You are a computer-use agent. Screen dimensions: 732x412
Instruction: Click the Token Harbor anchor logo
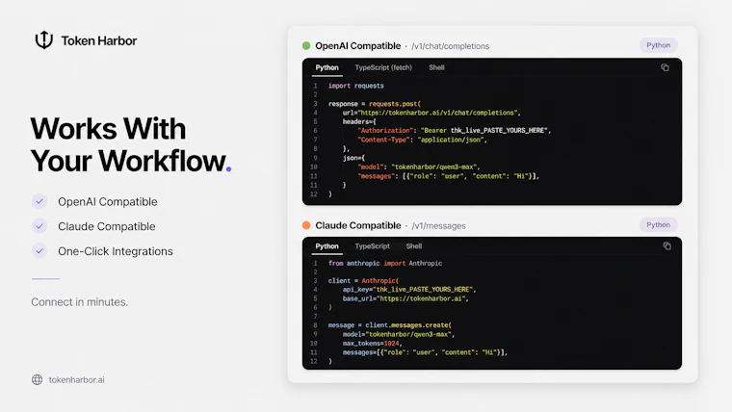[44, 40]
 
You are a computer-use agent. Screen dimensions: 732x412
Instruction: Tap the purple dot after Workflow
[228, 168]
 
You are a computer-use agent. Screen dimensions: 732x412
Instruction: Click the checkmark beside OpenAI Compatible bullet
[39, 201]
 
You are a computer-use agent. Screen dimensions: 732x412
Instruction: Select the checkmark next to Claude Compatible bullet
[39, 226]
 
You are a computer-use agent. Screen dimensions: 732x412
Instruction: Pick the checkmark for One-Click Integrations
[39, 250]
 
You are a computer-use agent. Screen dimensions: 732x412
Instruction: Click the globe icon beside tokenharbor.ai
[37, 380]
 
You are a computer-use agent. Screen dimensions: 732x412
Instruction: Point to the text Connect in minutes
[79, 302]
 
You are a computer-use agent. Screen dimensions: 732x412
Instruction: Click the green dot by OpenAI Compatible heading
[306, 46]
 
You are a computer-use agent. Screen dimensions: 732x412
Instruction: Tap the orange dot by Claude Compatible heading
[306, 225]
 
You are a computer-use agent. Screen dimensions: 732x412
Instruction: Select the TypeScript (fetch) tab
[383, 67]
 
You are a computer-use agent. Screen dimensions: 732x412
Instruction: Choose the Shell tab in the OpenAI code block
[436, 67]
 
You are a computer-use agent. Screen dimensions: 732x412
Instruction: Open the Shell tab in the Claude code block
[413, 246]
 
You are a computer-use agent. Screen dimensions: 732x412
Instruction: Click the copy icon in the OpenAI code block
[665, 67]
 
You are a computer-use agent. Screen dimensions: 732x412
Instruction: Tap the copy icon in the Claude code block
[667, 245]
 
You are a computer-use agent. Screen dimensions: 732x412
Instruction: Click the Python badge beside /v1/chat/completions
[658, 45]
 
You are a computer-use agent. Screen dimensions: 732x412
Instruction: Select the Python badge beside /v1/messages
[658, 225]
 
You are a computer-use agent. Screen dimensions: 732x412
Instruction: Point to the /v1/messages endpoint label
[438, 226]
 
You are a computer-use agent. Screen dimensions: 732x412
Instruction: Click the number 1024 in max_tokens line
[391, 344]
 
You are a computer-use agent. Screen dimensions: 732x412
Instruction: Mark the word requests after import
[369, 86]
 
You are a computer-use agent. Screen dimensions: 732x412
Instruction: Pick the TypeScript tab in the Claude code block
[372, 246]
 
